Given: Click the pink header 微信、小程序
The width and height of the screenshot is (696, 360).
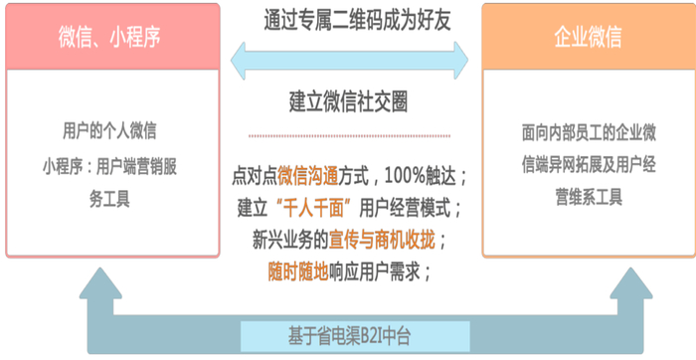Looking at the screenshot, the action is [x=110, y=37].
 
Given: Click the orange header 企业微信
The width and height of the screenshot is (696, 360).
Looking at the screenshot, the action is [x=588, y=37].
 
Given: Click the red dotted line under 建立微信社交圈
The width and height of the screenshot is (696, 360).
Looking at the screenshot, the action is [x=349, y=135].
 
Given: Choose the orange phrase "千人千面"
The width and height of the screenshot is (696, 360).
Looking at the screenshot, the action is [x=306, y=207].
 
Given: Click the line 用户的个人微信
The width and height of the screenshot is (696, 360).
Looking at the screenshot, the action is [x=109, y=130].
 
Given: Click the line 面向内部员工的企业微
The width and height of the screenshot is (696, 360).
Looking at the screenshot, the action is [x=587, y=130].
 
